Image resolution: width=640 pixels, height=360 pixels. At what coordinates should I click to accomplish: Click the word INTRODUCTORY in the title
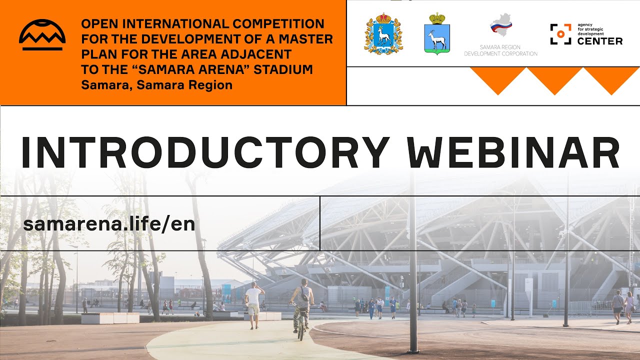(205, 152)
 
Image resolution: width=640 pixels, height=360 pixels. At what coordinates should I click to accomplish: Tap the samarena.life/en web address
(108, 224)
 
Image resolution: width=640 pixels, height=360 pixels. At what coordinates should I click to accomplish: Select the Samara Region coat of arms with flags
(383, 33)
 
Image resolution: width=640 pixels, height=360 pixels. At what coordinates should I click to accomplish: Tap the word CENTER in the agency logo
(599, 41)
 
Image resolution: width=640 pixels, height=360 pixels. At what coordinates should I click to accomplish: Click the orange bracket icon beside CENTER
(560, 34)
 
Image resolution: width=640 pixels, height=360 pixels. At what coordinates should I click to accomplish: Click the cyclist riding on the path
(302, 307)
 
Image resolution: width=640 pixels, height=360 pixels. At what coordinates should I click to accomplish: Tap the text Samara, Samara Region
(156, 84)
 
